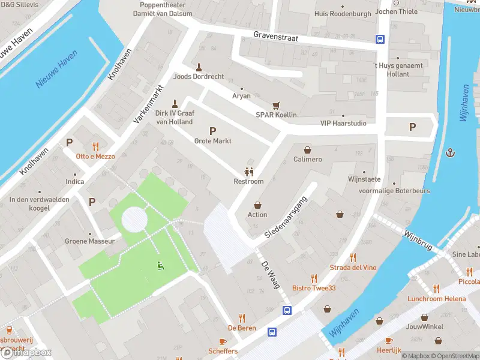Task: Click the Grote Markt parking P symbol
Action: (x=212, y=131)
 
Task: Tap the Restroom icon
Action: (x=248, y=172)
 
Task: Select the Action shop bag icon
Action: (x=258, y=205)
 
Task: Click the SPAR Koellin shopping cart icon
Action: (x=276, y=105)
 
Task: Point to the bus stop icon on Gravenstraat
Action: (x=380, y=40)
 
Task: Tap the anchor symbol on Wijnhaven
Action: (x=450, y=153)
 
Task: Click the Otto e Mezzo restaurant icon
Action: (x=95, y=146)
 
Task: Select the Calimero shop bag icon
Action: (x=308, y=149)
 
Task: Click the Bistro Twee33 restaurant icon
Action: (x=314, y=278)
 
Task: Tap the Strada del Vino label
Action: (x=353, y=267)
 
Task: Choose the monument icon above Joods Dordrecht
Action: (x=199, y=67)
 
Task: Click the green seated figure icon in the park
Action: (x=160, y=266)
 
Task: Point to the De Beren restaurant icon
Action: (x=242, y=318)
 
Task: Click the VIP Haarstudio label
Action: (x=343, y=124)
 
